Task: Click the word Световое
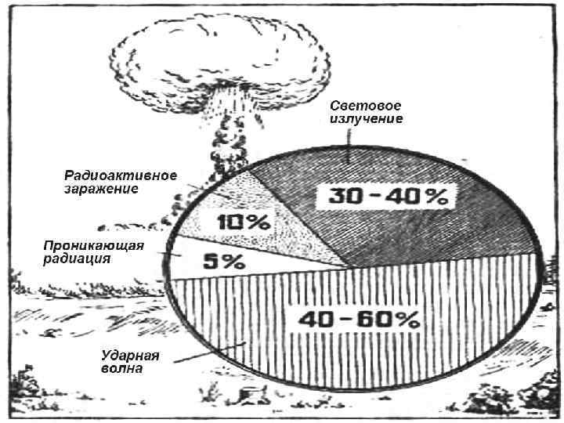[x=365, y=106]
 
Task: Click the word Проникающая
[x=93, y=246]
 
